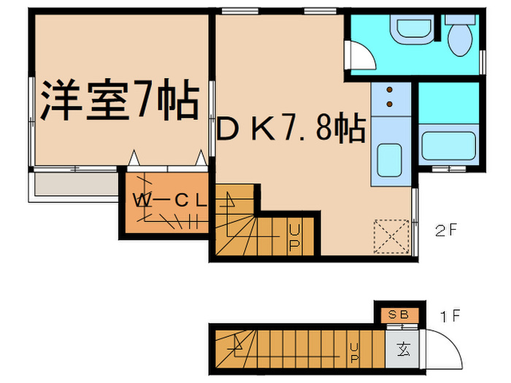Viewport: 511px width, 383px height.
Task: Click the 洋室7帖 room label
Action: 119,102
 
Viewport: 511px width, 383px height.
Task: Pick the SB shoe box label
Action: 398,314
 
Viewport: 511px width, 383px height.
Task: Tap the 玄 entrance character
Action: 402,347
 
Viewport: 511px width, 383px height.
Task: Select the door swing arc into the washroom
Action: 358,55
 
